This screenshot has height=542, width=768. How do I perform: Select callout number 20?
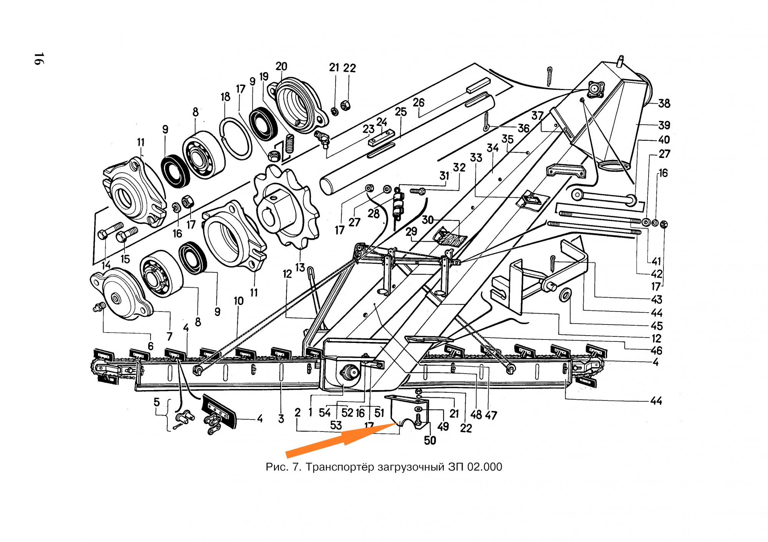pos(281,66)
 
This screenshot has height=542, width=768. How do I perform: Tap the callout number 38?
pos(664,103)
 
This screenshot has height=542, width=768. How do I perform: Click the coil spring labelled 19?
pos(290,143)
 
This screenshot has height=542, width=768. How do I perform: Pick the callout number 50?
pos(430,440)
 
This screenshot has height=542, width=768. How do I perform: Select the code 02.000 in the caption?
pos(485,467)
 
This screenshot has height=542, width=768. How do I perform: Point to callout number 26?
pos(419,102)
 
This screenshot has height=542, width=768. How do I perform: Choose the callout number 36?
pos(523,128)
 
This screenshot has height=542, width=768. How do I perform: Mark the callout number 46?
pos(656,350)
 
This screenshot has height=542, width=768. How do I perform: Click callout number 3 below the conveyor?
pos(281,418)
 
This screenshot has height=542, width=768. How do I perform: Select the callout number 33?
pos(476,157)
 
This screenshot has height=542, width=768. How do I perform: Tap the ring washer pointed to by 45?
pos(565,295)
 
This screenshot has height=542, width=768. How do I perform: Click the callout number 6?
pos(151,346)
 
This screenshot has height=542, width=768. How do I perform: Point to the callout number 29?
pos(411,231)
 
